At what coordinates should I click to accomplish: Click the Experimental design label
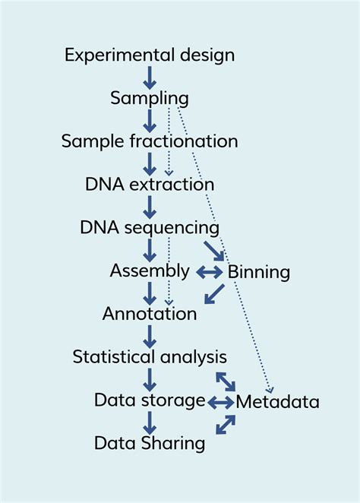click(149, 55)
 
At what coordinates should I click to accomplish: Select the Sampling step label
click(149, 98)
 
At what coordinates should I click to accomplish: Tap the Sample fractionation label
click(149, 141)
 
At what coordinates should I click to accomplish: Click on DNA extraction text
click(149, 185)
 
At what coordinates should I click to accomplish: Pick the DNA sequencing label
click(149, 227)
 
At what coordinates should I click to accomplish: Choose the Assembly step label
click(149, 270)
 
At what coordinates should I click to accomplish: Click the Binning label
click(258, 271)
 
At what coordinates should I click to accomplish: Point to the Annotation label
click(149, 313)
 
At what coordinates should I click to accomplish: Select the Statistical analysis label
click(149, 356)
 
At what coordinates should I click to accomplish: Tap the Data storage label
click(149, 400)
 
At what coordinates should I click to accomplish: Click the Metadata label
click(277, 401)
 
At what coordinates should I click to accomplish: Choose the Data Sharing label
click(149, 443)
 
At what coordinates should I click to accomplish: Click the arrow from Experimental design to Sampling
click(149, 77)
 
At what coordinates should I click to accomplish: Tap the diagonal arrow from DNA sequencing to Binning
click(214, 251)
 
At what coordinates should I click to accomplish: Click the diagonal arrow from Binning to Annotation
click(214, 294)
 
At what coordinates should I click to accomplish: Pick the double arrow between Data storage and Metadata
click(221, 401)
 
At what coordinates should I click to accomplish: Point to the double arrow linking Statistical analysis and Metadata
click(226, 381)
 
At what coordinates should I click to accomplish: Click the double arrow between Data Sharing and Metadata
click(226, 424)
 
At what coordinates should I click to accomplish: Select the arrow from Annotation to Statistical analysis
click(149, 335)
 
